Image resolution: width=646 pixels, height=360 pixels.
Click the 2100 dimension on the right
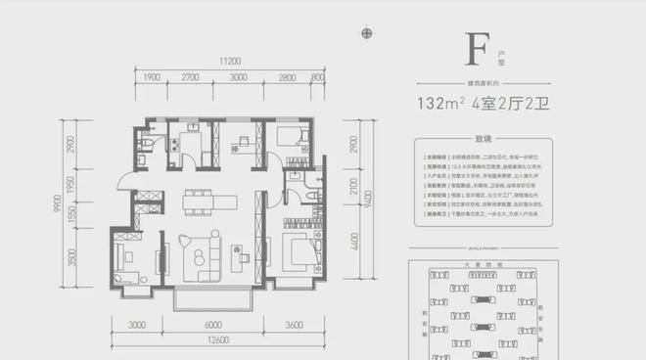click(352, 181)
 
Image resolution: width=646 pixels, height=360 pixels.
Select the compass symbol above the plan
click(367, 33)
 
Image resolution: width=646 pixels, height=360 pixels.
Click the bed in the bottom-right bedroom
click(299, 251)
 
